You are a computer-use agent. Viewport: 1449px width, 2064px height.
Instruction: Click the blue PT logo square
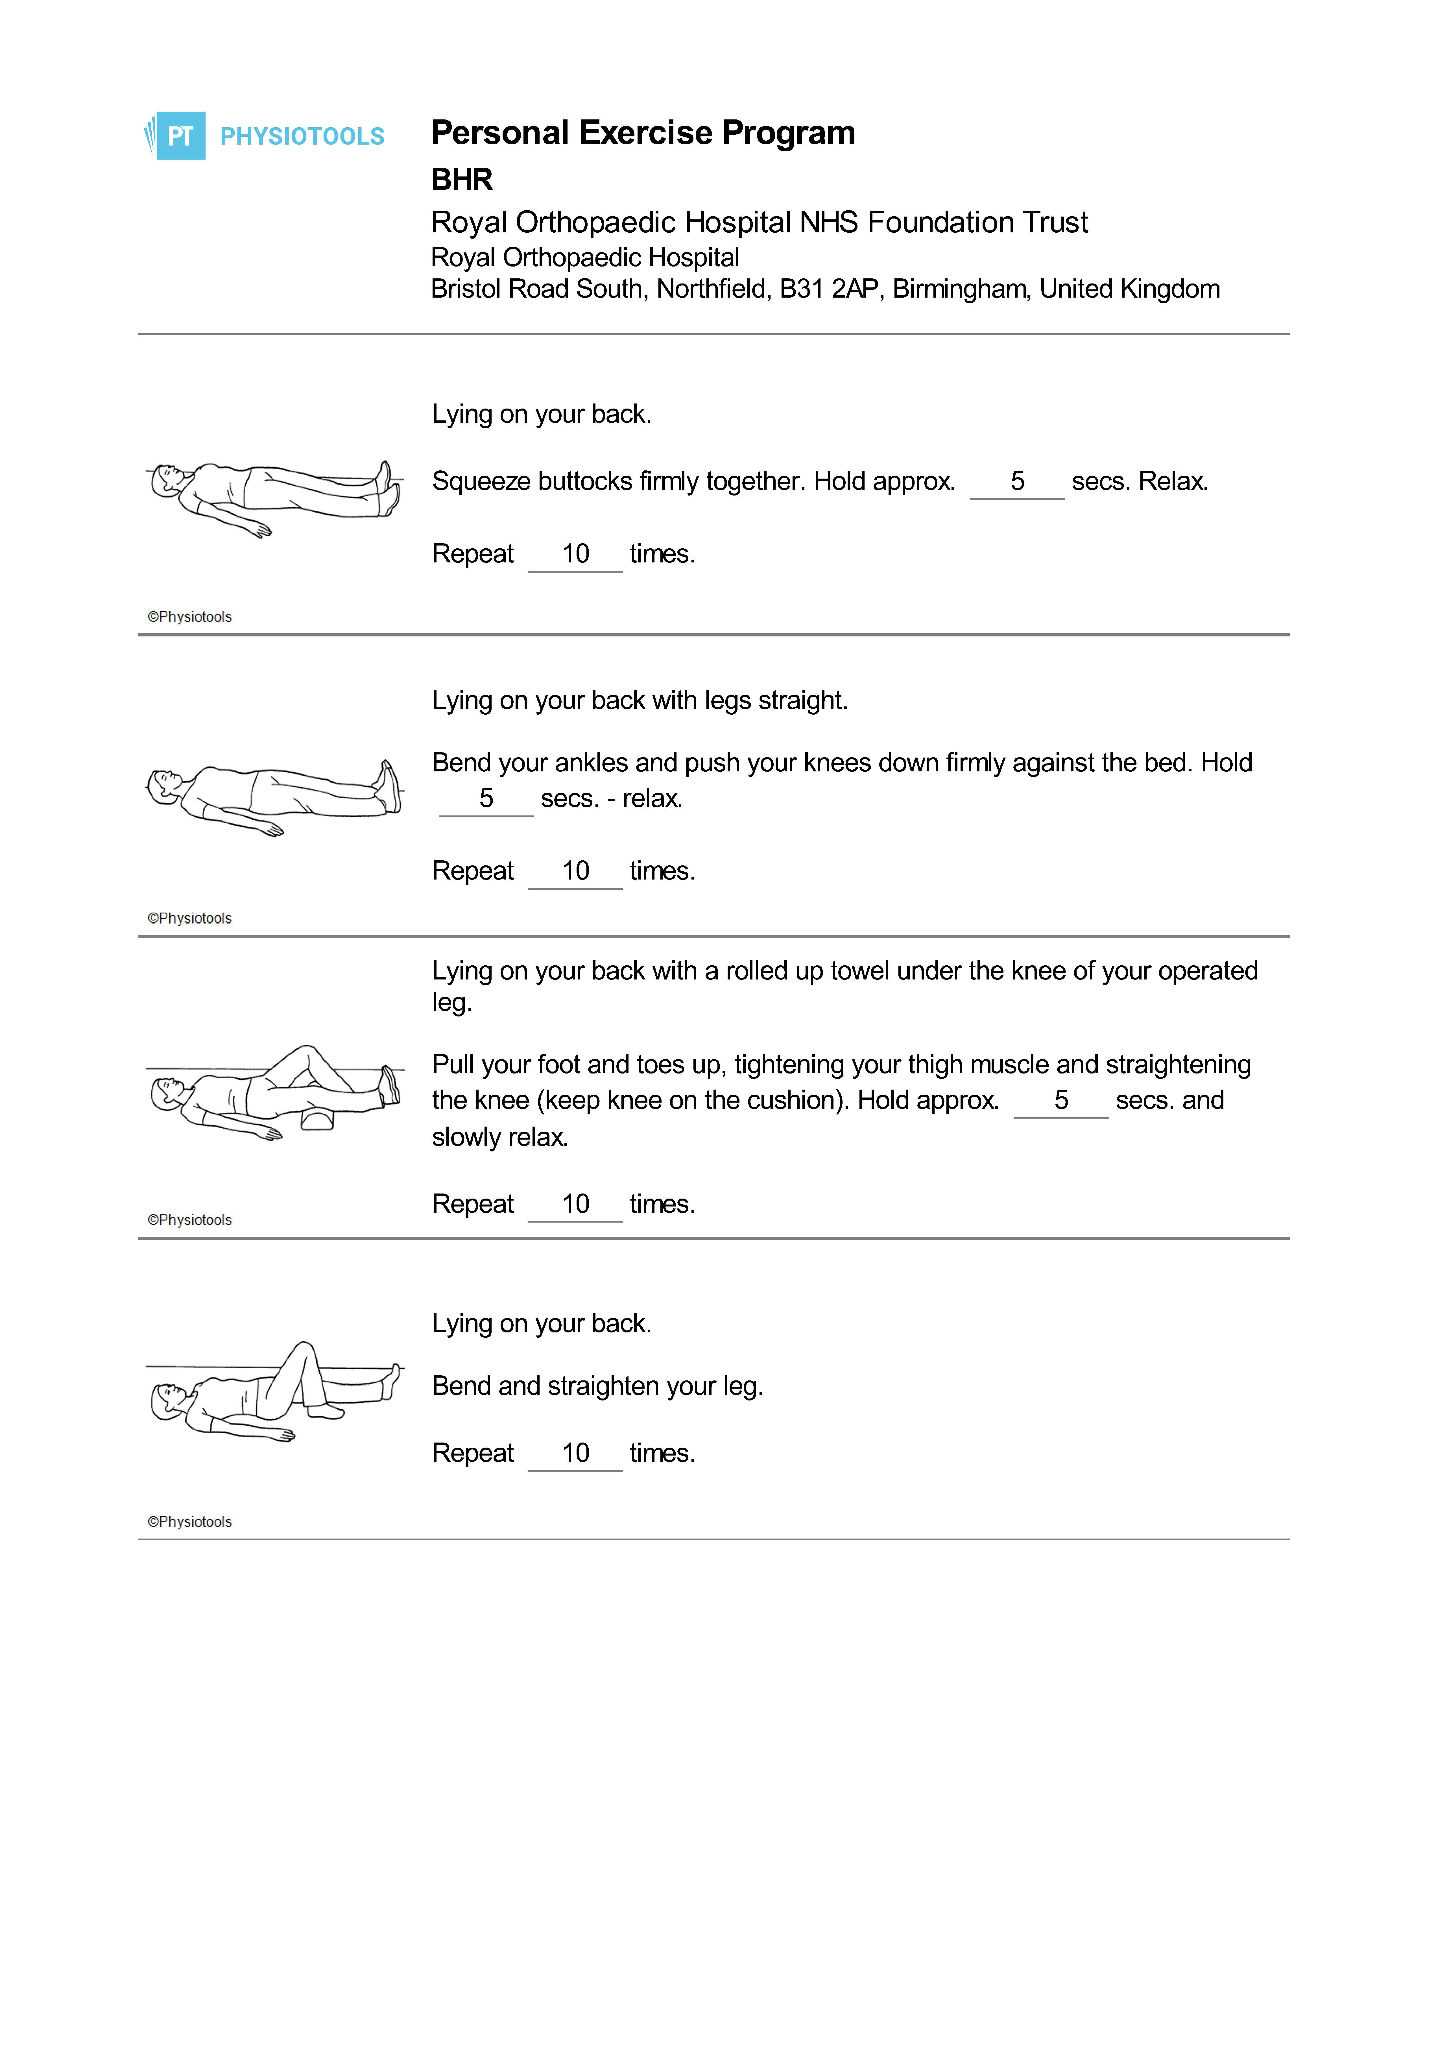[x=181, y=136]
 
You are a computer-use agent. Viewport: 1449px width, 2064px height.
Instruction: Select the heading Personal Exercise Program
[x=643, y=133]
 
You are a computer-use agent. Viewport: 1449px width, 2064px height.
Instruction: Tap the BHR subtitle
[x=462, y=180]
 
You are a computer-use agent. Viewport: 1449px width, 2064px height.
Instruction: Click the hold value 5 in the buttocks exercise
[x=1018, y=481]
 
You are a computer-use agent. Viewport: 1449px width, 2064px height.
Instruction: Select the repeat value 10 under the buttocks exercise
[x=575, y=554]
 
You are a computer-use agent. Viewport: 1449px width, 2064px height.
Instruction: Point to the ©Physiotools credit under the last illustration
[x=190, y=1522]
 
